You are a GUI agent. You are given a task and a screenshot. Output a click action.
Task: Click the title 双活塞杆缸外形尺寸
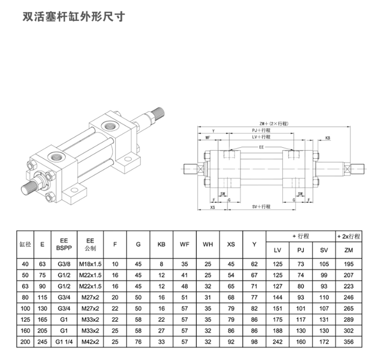click(x=74, y=17)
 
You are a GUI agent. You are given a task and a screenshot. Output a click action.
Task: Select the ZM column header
click(x=349, y=250)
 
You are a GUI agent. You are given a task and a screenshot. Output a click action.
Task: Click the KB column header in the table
click(x=162, y=244)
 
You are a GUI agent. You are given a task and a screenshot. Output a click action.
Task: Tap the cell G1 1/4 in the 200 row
click(x=64, y=342)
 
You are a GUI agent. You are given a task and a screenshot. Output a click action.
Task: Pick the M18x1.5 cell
click(x=90, y=264)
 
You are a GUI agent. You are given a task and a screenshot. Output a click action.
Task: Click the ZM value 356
click(x=349, y=342)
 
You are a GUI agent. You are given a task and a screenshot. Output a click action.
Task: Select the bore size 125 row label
click(x=25, y=320)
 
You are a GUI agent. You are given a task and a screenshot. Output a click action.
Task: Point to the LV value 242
click(x=277, y=342)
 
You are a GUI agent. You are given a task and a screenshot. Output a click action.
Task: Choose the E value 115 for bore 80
click(x=42, y=297)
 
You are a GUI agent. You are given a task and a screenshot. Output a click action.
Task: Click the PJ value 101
click(x=301, y=308)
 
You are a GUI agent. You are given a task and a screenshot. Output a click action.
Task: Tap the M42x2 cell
click(x=90, y=342)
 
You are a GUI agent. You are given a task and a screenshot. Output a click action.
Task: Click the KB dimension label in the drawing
click(x=327, y=138)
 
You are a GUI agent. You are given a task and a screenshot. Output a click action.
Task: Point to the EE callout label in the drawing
click(x=261, y=147)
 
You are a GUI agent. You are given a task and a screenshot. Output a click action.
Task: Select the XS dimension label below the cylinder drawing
click(x=212, y=207)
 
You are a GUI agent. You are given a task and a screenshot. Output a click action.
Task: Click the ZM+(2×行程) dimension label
click(x=274, y=123)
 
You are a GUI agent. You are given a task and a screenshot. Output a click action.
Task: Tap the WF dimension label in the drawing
click(x=208, y=138)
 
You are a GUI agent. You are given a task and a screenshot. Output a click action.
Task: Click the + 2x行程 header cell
click(x=349, y=236)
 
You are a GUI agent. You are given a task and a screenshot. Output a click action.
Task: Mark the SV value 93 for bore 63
click(x=324, y=286)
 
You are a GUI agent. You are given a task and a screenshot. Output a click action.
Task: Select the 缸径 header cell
click(x=25, y=244)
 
